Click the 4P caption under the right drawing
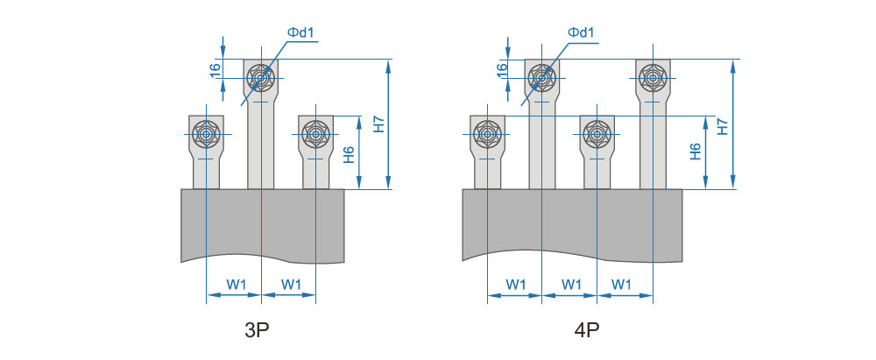(588, 331)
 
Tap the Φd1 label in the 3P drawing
(300, 33)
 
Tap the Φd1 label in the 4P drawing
(582, 33)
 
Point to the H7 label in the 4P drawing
(722, 124)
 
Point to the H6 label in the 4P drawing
(695, 152)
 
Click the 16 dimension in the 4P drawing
(502, 70)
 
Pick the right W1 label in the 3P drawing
(292, 284)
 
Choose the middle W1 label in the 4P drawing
(570, 284)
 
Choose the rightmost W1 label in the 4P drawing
(622, 284)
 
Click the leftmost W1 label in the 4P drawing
(516, 284)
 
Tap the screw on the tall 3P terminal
(261, 79)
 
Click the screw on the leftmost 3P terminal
(206, 134)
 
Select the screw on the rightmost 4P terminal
(653, 79)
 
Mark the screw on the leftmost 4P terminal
(488, 134)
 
